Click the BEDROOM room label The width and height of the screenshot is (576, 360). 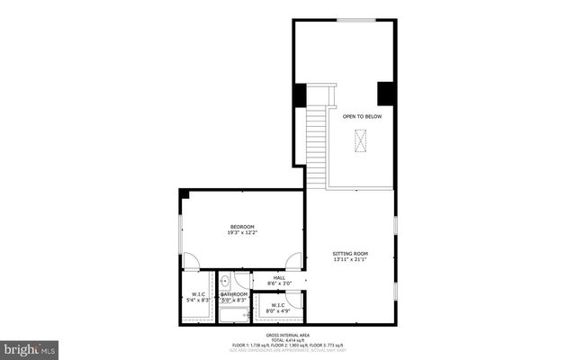(x=242, y=226)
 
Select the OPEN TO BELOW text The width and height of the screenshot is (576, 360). (x=362, y=116)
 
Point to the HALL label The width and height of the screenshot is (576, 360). (x=279, y=277)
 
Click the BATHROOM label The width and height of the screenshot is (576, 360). (x=234, y=293)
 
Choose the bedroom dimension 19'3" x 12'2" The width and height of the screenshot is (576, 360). (x=242, y=233)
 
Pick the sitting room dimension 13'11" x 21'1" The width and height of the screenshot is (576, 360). (x=350, y=261)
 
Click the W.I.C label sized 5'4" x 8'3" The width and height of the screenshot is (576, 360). (x=199, y=294)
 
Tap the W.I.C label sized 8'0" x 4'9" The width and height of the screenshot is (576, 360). (x=276, y=305)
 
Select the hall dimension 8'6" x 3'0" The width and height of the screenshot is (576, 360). (x=279, y=283)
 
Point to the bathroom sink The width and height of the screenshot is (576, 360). (x=225, y=280)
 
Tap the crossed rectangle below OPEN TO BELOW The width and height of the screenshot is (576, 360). (x=362, y=142)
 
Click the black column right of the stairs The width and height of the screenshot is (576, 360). (x=386, y=94)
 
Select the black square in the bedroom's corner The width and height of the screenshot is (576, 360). (x=184, y=193)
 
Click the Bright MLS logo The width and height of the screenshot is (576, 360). (x=30, y=347)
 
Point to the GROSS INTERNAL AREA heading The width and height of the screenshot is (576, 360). (x=288, y=332)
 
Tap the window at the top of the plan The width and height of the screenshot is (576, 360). (x=356, y=20)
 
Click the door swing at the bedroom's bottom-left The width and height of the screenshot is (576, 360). (x=192, y=261)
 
